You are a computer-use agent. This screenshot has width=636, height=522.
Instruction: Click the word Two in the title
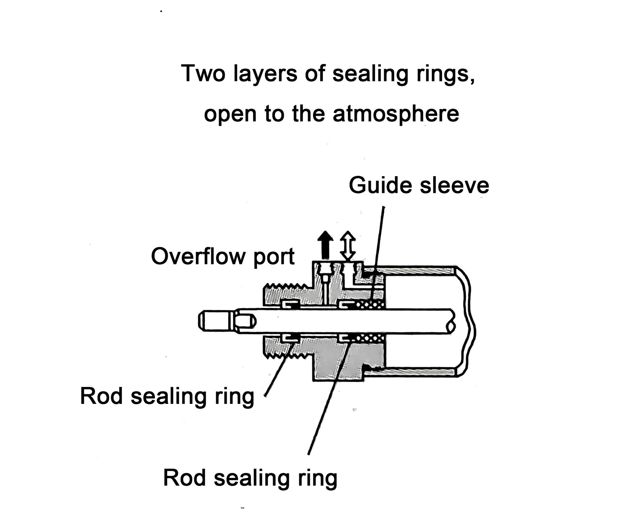[203, 74]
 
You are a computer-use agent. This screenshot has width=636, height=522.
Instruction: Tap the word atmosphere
[396, 114]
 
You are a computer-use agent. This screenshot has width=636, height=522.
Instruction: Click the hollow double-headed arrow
[348, 245]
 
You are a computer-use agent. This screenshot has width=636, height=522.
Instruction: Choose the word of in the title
[314, 74]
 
